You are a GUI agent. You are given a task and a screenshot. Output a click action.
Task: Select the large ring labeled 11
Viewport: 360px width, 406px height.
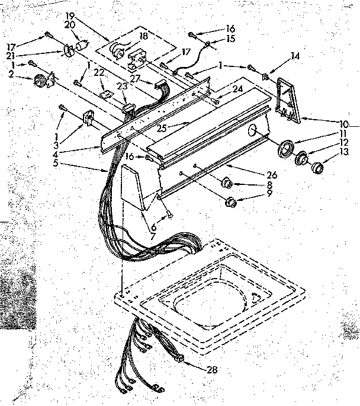286,148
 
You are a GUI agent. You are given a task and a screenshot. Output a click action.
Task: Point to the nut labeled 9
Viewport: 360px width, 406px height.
232,202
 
